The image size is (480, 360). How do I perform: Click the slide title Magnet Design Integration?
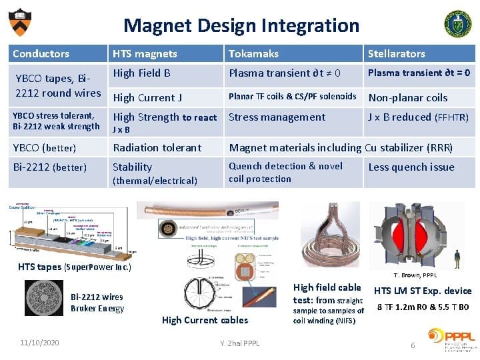(241, 25)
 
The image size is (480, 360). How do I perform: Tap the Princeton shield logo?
(20, 22)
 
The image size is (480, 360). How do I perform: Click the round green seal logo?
(457, 23)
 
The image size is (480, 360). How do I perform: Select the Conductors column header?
(41, 53)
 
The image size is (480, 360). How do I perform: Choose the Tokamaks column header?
(253, 53)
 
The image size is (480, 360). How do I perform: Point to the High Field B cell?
(141, 73)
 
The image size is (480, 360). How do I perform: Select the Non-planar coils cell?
(408, 97)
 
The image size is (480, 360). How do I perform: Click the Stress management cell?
(277, 117)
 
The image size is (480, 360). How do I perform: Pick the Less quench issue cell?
(411, 167)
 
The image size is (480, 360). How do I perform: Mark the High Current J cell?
(147, 97)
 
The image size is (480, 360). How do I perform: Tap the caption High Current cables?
(205, 320)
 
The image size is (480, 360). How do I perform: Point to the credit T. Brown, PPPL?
(415, 275)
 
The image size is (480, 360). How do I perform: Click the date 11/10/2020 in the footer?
(39, 343)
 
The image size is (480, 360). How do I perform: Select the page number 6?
(413, 345)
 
